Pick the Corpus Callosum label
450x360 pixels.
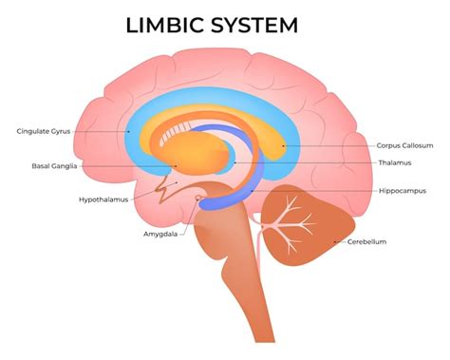405,145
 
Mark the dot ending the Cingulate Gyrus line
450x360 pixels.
129,131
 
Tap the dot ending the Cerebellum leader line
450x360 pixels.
334,241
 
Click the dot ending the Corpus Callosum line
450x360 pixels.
283,145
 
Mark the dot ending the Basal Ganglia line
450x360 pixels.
176,165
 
